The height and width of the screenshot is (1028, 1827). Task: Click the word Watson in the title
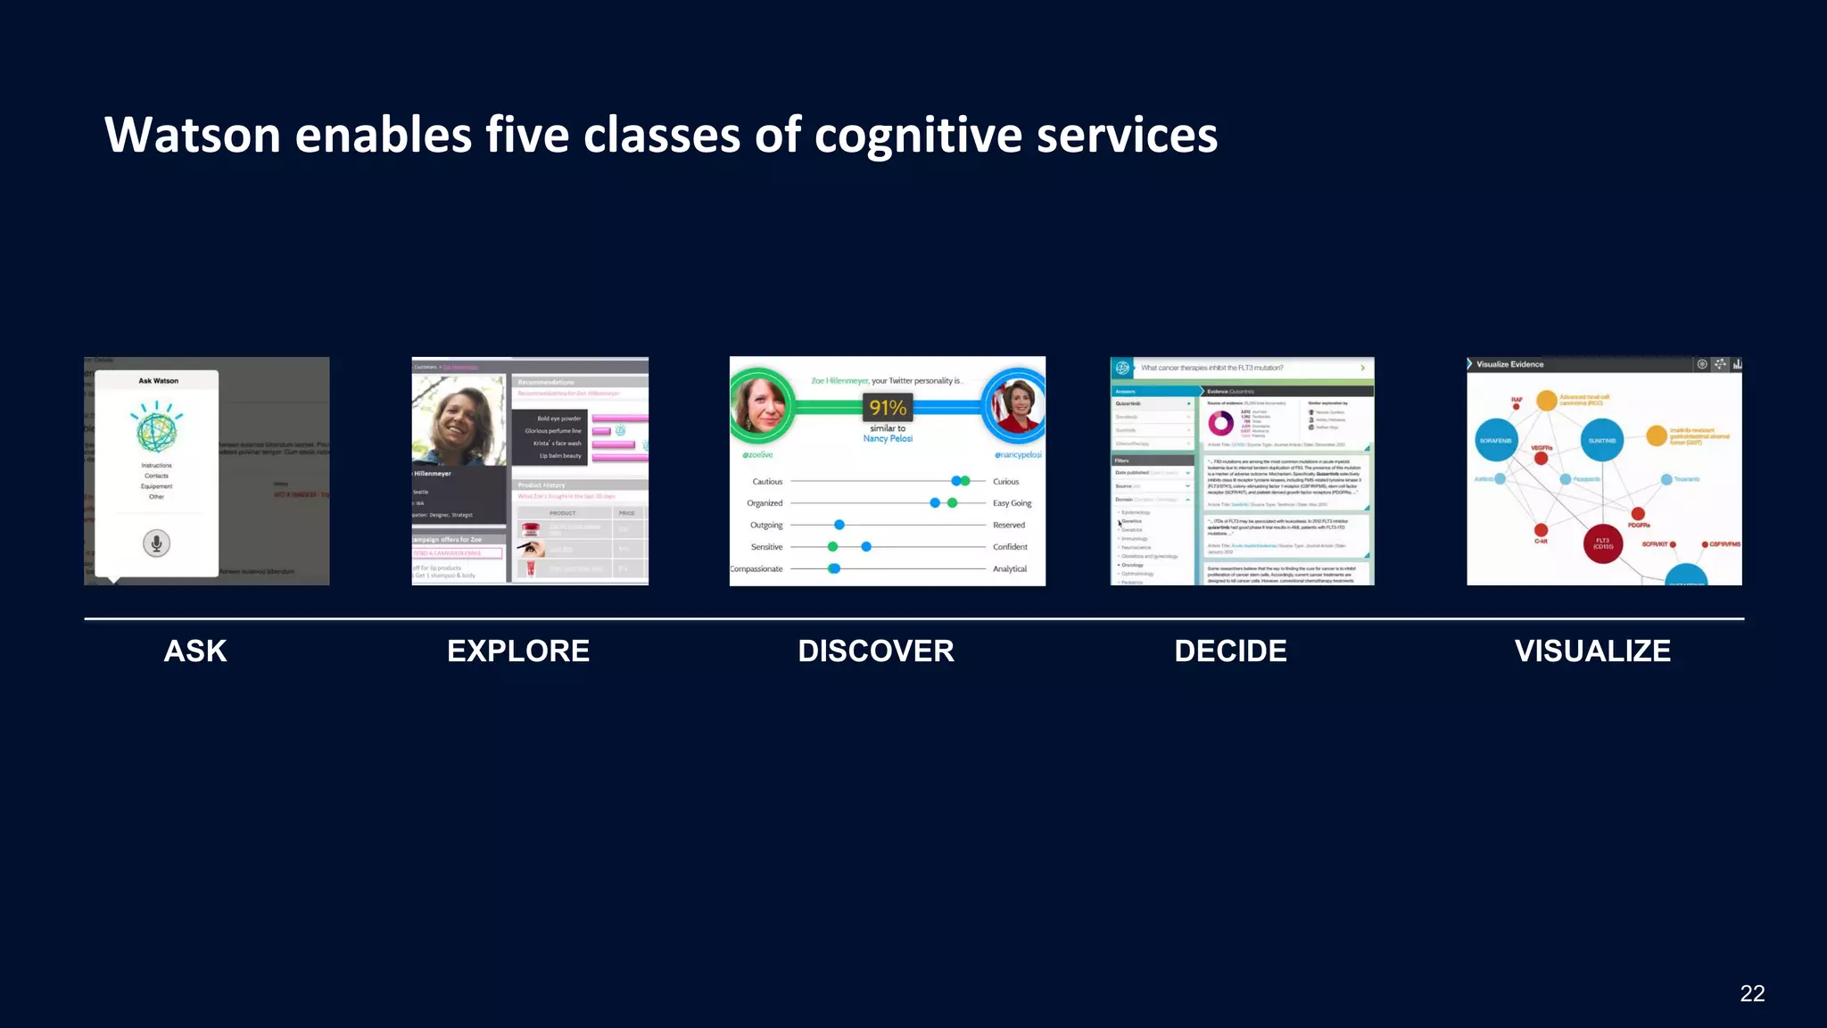(x=193, y=136)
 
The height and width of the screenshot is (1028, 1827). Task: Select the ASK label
(x=195, y=651)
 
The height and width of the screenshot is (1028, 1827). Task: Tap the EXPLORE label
(x=518, y=651)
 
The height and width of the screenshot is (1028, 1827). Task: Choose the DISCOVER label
(x=876, y=651)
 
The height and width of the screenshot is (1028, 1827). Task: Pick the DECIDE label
(x=1230, y=651)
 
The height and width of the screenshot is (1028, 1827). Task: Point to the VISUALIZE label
(x=1592, y=651)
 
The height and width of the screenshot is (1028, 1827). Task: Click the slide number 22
(x=1752, y=993)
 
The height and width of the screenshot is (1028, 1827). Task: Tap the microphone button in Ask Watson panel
(x=156, y=543)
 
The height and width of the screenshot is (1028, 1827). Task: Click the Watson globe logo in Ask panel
(x=157, y=428)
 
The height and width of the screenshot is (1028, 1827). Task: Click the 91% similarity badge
(x=888, y=408)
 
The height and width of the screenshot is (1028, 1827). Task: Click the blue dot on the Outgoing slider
(x=839, y=525)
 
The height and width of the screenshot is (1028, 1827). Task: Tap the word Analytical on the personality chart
(x=1010, y=568)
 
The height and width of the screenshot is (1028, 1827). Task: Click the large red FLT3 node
(x=1602, y=543)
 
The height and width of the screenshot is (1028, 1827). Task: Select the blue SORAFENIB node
(x=1496, y=441)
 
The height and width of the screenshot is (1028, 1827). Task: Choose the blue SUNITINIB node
(x=1601, y=441)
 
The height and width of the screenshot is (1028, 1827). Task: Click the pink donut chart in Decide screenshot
(x=1220, y=423)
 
